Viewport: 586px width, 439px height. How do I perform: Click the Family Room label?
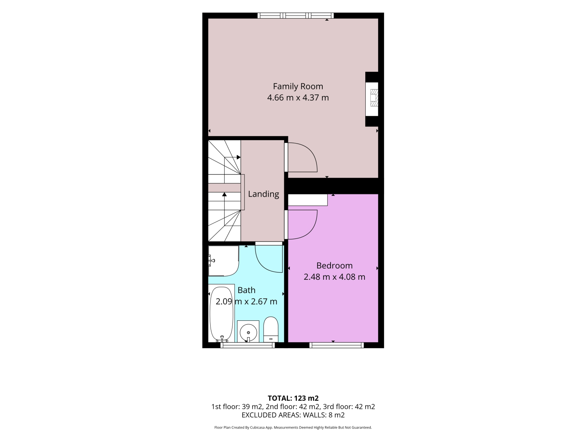298,86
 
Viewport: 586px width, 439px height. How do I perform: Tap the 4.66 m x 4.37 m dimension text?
298,98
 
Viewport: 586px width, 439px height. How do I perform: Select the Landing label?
263,194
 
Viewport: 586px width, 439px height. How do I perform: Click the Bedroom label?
334,265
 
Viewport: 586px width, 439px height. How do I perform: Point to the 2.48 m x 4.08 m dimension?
334,277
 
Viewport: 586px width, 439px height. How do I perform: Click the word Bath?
246,290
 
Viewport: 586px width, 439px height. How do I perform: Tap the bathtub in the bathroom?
222,315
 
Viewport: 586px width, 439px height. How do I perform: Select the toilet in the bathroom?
271,329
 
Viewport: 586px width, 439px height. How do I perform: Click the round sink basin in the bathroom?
248,332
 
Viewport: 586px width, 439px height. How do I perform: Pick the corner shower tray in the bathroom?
223,261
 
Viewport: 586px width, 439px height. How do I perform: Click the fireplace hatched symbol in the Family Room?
374,98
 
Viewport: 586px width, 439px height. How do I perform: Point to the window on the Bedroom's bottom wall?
336,345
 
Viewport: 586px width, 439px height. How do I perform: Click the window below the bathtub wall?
247,345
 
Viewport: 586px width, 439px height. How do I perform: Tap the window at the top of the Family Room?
295,16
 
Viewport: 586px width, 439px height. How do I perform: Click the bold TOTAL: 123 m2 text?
293,398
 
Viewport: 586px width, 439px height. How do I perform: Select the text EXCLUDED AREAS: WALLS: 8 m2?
293,415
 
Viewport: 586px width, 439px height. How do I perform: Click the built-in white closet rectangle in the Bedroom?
308,200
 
